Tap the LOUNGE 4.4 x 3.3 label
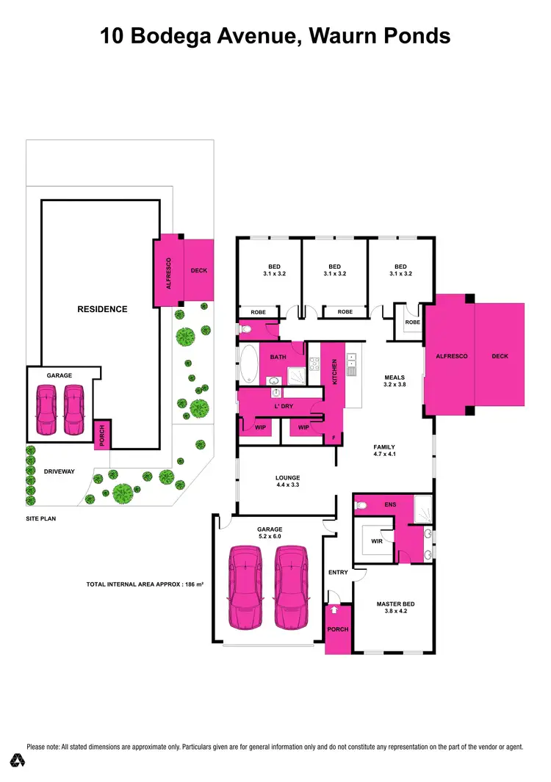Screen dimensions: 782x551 click(288, 482)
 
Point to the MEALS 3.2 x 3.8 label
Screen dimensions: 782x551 click(395, 380)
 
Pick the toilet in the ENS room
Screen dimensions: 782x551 click(361, 505)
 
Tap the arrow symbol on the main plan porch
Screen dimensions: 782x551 click(335, 609)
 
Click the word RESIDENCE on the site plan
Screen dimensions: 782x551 click(102, 309)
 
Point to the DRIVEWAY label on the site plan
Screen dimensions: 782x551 click(60, 471)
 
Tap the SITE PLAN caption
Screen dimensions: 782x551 click(42, 518)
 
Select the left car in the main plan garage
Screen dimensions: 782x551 click(246, 587)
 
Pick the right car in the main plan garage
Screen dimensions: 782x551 click(292, 587)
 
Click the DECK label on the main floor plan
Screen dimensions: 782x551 click(500, 356)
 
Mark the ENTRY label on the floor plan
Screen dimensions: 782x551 click(339, 573)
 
